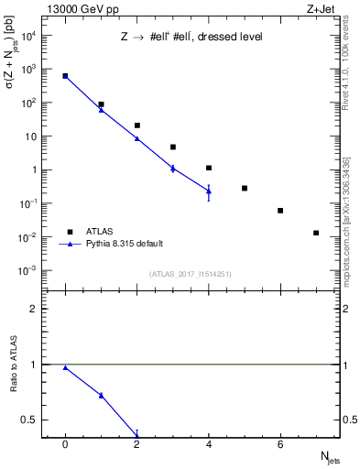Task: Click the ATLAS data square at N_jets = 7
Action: click(x=316, y=233)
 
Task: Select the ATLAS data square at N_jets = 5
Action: click(x=245, y=188)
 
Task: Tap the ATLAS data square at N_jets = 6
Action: click(x=280, y=211)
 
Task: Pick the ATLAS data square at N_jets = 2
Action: click(x=136, y=125)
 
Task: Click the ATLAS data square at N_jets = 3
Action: click(x=172, y=147)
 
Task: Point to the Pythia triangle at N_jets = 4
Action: click(x=209, y=191)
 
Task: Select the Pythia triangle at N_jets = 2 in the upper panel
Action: click(x=136, y=138)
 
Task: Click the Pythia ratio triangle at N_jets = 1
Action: click(x=101, y=396)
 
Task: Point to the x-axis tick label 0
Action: click(x=65, y=444)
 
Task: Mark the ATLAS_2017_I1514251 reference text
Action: click(x=191, y=273)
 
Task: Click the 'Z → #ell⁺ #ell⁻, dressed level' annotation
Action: click(x=191, y=38)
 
